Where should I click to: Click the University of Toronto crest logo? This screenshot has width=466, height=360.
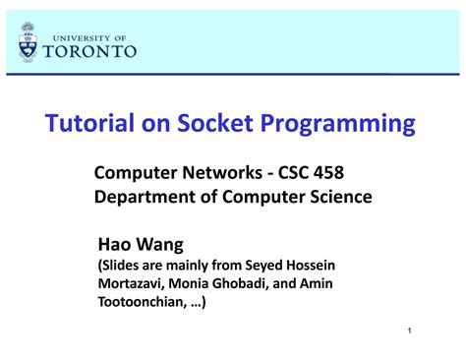click(28, 41)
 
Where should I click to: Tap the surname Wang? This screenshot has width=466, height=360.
click(160, 244)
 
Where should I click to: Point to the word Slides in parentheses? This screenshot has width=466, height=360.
click(123, 266)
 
